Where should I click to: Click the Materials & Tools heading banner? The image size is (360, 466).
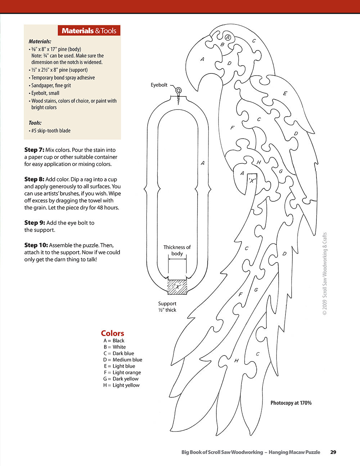pos(89,31)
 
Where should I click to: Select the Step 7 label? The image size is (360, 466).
pos(34,150)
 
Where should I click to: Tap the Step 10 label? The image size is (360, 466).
pos(36,245)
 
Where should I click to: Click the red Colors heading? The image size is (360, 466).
pos(112,333)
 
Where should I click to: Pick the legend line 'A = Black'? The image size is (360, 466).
pos(114,341)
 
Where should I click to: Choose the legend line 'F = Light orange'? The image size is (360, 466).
pos(122,372)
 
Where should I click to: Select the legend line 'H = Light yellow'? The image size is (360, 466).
pos(121,385)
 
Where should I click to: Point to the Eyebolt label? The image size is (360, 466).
pos(159,85)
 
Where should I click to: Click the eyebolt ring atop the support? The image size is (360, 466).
pos(179,91)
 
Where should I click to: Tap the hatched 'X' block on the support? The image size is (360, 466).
pos(177,287)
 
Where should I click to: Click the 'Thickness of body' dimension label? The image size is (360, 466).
pos(177,250)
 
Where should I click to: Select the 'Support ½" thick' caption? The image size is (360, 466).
pos(167,307)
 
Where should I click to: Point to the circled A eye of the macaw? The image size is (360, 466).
pos(228,37)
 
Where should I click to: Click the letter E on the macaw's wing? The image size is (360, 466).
pos(285,94)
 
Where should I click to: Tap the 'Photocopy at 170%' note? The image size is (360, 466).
pos(291,403)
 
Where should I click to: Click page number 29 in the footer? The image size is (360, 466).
pos(333,452)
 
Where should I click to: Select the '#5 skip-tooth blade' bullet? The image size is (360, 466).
pos(50,131)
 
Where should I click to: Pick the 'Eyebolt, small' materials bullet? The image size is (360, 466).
pos(45,93)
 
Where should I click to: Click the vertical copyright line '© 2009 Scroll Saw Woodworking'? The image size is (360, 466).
pos(325,274)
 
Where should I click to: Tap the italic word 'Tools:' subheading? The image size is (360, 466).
pos(35,123)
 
